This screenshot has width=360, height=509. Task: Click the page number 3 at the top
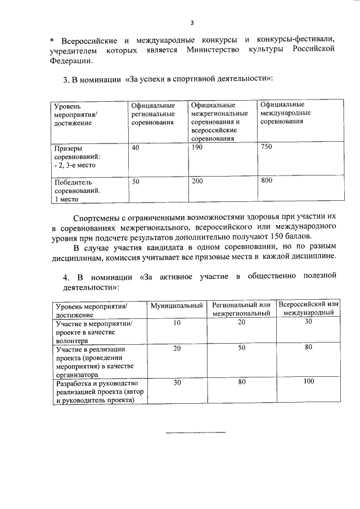[x=192, y=23]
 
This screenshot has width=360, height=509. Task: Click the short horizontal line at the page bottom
[x=195, y=433]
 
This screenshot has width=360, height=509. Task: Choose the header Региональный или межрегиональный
[x=241, y=309]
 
